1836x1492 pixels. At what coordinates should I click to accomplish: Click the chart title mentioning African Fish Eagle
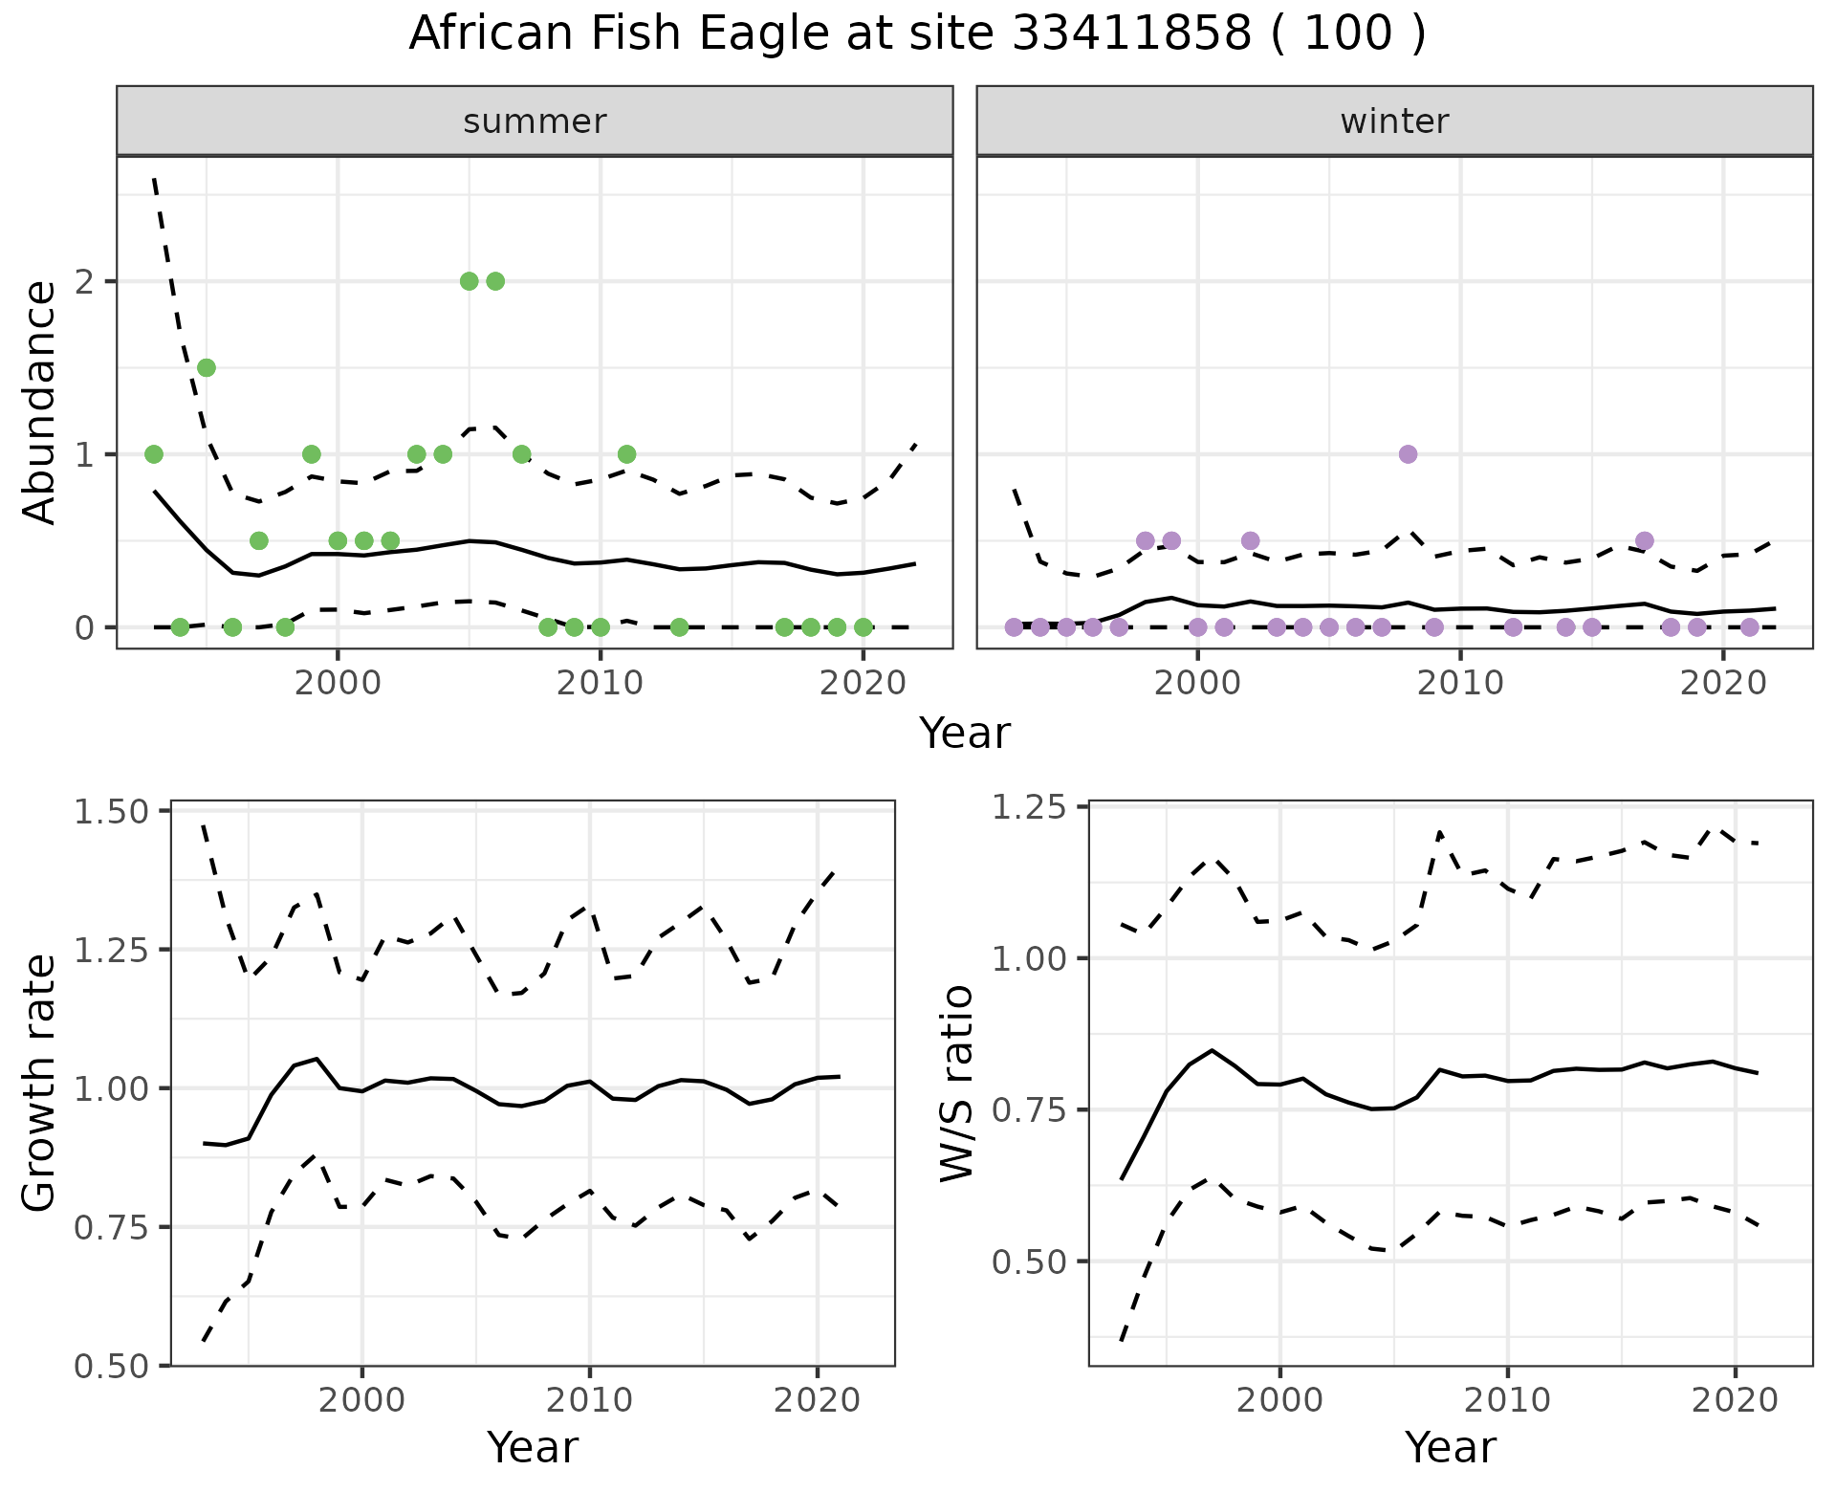pos(917,34)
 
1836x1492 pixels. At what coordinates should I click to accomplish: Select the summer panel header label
pos(535,121)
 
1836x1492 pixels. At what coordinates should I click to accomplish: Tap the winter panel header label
pos(1394,121)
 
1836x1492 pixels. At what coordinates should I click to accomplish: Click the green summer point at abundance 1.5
pos(207,368)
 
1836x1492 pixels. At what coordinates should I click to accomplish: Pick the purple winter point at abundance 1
pos(1408,454)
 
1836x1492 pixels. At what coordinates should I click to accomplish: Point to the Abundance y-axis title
pos(40,402)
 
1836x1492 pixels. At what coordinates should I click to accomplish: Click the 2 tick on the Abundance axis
pos(84,281)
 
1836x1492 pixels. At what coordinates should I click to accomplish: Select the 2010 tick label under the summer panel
pos(601,685)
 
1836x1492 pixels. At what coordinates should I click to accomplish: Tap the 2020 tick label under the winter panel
pos(1723,685)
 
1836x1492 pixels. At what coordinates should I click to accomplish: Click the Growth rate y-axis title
pos(40,1083)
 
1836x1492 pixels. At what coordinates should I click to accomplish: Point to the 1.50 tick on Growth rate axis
pos(113,812)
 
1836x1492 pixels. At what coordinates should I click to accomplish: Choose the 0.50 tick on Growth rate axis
pos(113,1366)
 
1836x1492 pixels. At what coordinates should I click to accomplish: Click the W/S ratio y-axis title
pos(956,1083)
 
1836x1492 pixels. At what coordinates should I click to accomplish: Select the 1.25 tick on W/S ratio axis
pos(1030,807)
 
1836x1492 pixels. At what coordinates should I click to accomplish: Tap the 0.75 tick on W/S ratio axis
pos(1030,1110)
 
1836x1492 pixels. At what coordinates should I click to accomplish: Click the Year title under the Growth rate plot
pos(533,1447)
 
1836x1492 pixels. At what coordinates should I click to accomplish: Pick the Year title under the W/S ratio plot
pos(1451,1447)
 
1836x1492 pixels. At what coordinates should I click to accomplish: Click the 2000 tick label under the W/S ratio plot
pos(1279,1401)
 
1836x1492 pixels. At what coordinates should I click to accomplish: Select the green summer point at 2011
pos(626,454)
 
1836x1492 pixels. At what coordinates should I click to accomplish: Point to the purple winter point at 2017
pos(1645,541)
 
